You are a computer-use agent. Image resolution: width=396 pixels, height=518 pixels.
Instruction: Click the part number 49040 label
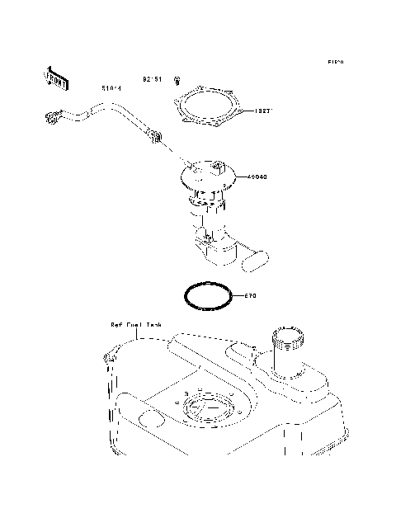point(257,176)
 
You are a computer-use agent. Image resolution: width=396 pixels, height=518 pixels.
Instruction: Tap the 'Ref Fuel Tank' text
point(136,325)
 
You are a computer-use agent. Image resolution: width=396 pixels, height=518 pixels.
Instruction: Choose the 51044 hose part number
point(111,87)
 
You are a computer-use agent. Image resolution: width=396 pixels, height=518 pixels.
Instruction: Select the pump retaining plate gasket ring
point(206,110)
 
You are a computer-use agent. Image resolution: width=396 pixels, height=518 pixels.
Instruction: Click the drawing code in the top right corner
point(335,62)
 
